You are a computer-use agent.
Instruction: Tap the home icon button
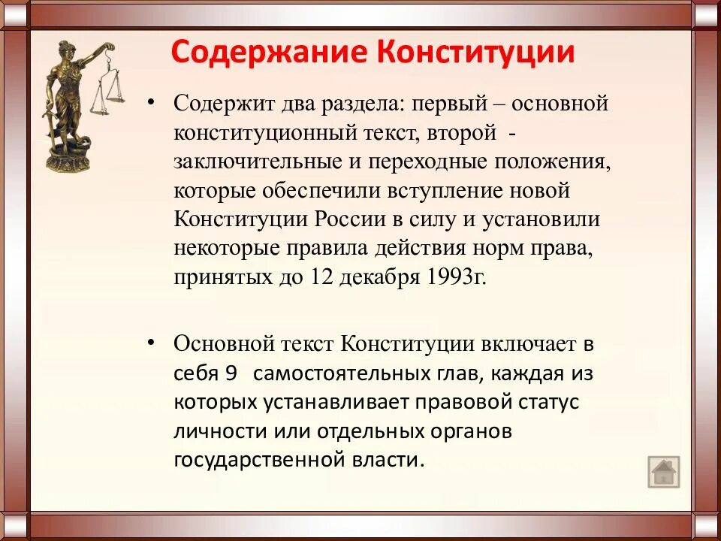click(663, 473)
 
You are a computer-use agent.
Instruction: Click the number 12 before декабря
click(319, 277)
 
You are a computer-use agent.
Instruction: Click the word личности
click(210, 431)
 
